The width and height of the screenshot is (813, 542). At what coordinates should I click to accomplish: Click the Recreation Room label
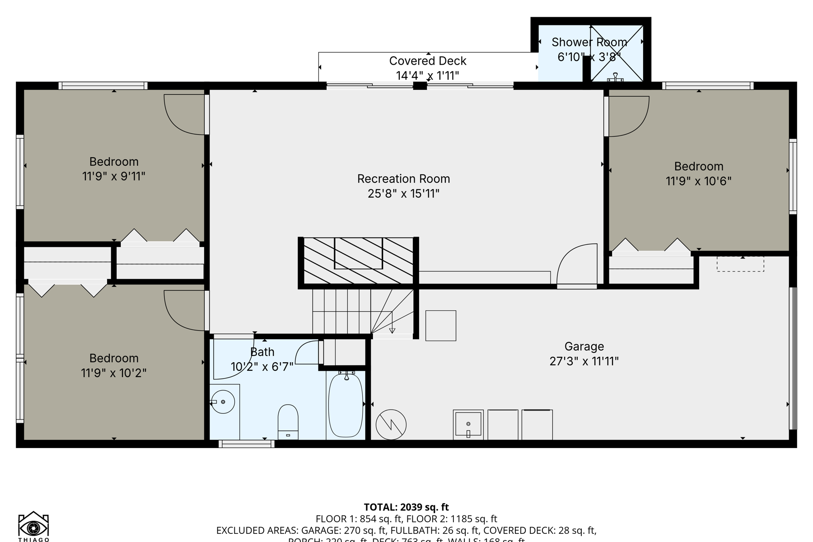pyautogui.click(x=403, y=179)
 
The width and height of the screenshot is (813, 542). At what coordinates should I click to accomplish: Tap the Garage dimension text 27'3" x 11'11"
pyautogui.click(x=584, y=361)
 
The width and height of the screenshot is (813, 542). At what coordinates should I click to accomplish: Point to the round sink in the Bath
pyautogui.click(x=223, y=402)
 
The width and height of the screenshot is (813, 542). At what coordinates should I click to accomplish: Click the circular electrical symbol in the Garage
pyautogui.click(x=391, y=425)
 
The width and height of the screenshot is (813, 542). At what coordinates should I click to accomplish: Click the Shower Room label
pyautogui.click(x=589, y=42)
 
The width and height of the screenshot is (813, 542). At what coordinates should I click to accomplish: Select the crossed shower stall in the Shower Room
pyautogui.click(x=617, y=53)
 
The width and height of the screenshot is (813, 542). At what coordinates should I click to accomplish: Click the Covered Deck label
pyautogui.click(x=427, y=61)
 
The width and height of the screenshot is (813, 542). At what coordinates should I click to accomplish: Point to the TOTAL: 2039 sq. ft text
pyautogui.click(x=406, y=507)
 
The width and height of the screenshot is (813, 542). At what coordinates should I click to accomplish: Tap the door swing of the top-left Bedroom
pyautogui.click(x=183, y=114)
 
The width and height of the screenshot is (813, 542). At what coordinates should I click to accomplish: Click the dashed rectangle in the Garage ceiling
pyautogui.click(x=740, y=264)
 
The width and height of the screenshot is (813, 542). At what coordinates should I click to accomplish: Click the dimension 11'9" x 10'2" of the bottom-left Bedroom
pyautogui.click(x=114, y=373)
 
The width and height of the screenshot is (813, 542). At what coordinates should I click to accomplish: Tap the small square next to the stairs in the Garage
pyautogui.click(x=440, y=325)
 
